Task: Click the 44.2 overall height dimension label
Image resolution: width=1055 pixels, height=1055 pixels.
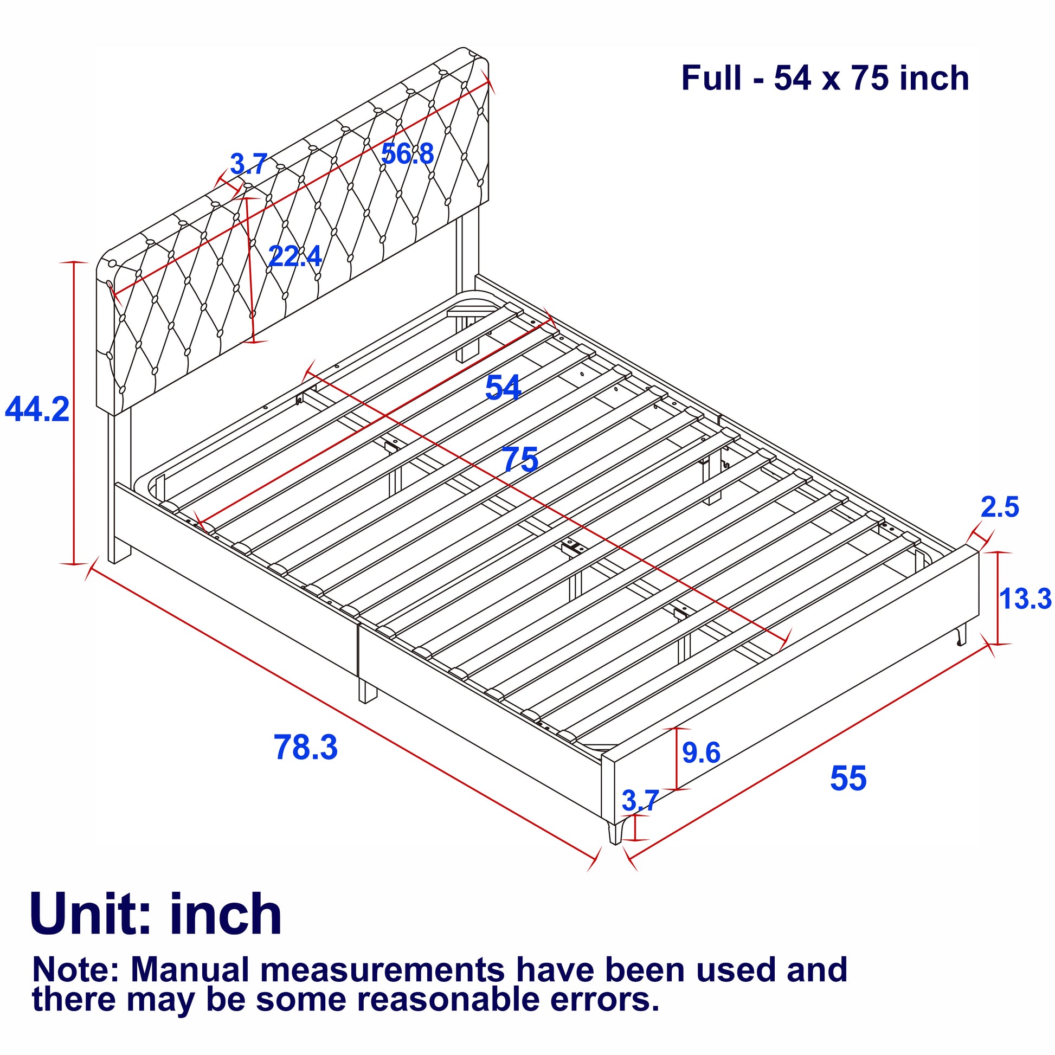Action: coord(37,409)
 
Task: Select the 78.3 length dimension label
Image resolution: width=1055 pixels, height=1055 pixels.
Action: coord(305,747)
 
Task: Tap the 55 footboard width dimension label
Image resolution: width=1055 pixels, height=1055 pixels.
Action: coord(847,778)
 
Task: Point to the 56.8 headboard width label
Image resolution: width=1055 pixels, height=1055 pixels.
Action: coord(407,154)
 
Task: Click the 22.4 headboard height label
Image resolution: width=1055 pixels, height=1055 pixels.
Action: coord(295,256)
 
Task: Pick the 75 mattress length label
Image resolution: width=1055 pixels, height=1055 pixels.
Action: coord(520,460)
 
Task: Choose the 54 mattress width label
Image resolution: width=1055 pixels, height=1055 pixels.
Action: coord(503,388)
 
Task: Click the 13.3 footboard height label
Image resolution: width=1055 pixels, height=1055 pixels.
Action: coord(1025,599)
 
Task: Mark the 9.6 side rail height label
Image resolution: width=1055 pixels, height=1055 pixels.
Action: coord(701,753)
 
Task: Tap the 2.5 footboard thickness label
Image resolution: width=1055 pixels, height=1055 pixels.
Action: coord(999,507)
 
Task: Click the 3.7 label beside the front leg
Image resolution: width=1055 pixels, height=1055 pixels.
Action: coord(640,801)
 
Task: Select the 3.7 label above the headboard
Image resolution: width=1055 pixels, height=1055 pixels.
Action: coord(248,164)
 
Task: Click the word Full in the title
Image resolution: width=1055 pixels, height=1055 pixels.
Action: coord(711,78)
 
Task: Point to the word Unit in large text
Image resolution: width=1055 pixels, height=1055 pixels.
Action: coord(90,915)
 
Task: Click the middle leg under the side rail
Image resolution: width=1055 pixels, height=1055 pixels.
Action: coord(367,691)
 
